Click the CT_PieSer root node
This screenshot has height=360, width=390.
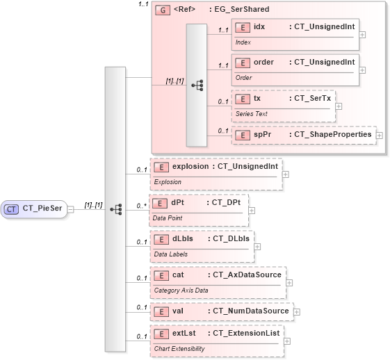[34, 208]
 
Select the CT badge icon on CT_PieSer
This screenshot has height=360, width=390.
[12, 208]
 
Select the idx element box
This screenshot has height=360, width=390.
[295, 33]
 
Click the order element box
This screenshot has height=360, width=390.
[295, 69]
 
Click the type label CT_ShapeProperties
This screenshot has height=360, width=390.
[330, 134]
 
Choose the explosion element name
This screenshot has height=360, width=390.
[190, 166]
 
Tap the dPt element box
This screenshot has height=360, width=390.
[199, 208]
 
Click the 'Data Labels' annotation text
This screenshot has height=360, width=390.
[170, 254]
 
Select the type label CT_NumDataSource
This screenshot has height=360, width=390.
[248, 311]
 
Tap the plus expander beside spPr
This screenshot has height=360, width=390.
[380, 135]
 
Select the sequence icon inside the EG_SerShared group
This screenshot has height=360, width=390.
[197, 85]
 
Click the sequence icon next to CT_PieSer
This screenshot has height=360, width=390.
[115, 208]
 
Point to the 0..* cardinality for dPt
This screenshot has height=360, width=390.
[141, 205]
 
